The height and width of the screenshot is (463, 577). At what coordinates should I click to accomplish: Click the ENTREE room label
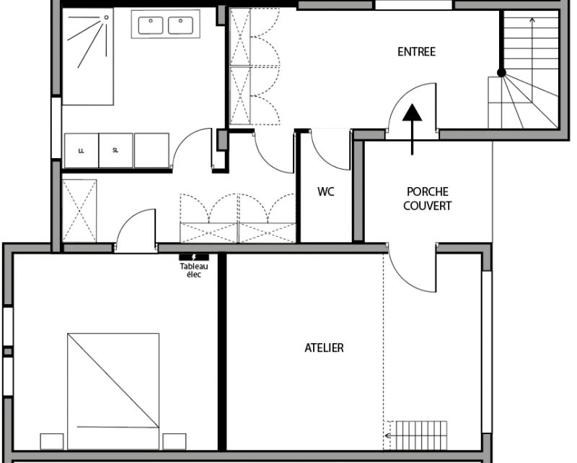pyautogui.click(x=417, y=51)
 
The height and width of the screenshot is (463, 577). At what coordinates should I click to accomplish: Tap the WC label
pyautogui.click(x=326, y=191)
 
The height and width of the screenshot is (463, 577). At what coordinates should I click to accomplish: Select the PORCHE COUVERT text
pyautogui.click(x=427, y=199)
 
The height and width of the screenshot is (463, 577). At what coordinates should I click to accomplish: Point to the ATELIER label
pyautogui.click(x=324, y=347)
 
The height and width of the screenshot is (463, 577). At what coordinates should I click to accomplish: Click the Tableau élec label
pyautogui.click(x=194, y=270)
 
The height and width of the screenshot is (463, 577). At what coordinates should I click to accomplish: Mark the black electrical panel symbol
pyautogui.click(x=194, y=257)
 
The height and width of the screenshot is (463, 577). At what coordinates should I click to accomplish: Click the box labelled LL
pyautogui.click(x=82, y=150)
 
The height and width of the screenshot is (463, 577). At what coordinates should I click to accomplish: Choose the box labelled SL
pyautogui.click(x=115, y=150)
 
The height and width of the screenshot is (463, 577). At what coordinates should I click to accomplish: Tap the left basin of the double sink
pyautogui.click(x=151, y=25)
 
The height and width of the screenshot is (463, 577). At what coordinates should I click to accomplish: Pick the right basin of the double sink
pyautogui.click(x=180, y=25)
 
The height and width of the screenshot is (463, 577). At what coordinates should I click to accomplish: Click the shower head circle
pyautogui.click(x=106, y=17)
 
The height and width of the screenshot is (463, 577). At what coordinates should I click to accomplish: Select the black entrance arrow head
pyautogui.click(x=412, y=113)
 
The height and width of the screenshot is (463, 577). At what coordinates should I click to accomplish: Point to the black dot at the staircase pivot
pyautogui.click(x=501, y=73)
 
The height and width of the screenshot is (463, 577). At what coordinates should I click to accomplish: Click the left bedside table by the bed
pyautogui.click(x=52, y=441)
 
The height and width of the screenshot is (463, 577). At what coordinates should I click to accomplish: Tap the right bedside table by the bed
pyautogui.click(x=175, y=441)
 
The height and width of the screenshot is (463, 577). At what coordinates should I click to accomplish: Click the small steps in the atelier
pyautogui.click(x=415, y=436)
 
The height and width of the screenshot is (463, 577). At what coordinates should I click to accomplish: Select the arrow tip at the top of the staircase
pyautogui.click(x=532, y=19)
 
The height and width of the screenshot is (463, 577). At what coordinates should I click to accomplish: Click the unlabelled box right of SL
pyautogui.click(x=151, y=150)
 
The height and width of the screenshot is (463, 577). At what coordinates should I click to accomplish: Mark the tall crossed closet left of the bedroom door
pyautogui.click(x=79, y=211)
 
